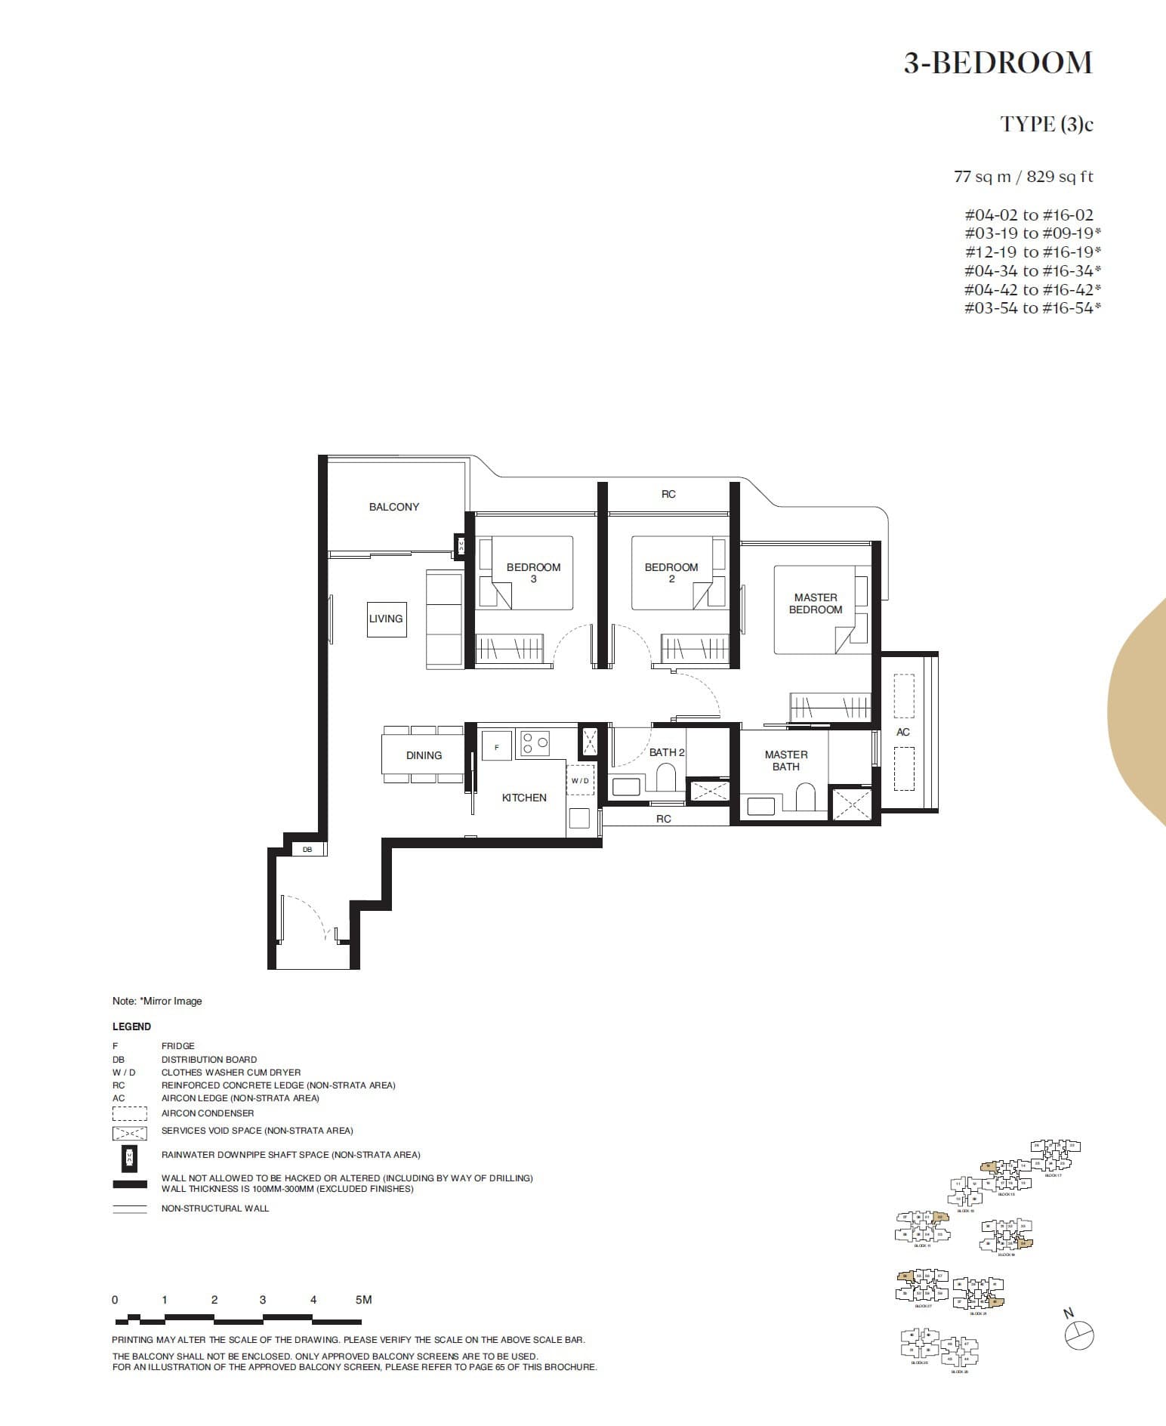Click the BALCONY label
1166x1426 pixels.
tap(393, 507)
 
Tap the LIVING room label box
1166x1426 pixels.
tap(386, 619)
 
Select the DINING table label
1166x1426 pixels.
tap(424, 755)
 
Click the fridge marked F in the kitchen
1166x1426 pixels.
tap(497, 747)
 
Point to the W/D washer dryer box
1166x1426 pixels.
tap(580, 780)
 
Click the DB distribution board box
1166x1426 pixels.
tap(307, 850)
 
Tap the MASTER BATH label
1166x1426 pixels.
tap(785, 761)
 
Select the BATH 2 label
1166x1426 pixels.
tap(666, 752)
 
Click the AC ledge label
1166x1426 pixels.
tap(902, 732)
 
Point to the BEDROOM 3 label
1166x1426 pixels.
tap(533, 573)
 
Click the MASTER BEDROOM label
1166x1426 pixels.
tap(815, 603)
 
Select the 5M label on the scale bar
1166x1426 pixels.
tap(363, 1300)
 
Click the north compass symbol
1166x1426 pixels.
tap(1079, 1335)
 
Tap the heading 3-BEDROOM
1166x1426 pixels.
tap(998, 63)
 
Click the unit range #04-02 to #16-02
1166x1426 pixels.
tap(1029, 215)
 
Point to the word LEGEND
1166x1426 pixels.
tap(131, 1026)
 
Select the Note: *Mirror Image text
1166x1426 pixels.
tap(157, 1001)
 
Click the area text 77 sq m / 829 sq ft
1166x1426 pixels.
tap(1023, 177)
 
